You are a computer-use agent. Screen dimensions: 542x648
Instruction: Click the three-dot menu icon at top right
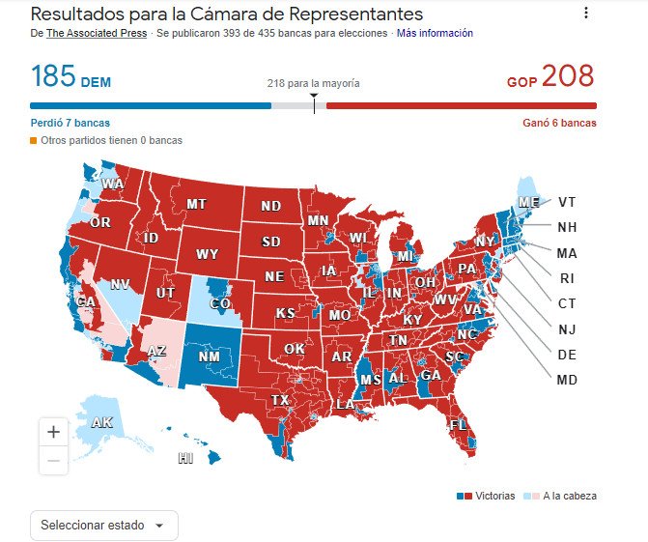pos(585,14)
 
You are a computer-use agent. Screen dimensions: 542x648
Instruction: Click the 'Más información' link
pos(435,33)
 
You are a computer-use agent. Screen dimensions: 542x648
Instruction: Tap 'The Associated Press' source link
pos(97,33)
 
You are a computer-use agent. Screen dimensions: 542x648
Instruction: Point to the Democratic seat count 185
pos(53,76)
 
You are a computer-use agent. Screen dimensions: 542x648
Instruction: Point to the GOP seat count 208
pos(568,76)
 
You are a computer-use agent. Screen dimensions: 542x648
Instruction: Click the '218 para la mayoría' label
pos(313,83)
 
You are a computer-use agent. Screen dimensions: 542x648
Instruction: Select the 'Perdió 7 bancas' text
pos(70,123)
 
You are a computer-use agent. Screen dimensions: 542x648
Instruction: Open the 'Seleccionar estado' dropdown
pos(104,525)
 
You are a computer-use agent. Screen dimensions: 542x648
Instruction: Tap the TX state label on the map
pos(280,400)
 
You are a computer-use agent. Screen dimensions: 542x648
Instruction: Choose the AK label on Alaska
pos(101,423)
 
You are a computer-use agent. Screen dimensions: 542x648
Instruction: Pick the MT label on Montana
pos(197,205)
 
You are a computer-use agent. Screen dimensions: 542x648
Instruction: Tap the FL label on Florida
pos(459,424)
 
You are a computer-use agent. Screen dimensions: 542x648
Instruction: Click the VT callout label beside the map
pos(568,203)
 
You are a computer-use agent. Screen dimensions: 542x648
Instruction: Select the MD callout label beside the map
pos(567,380)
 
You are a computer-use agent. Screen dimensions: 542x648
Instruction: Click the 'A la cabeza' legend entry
pos(569,496)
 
